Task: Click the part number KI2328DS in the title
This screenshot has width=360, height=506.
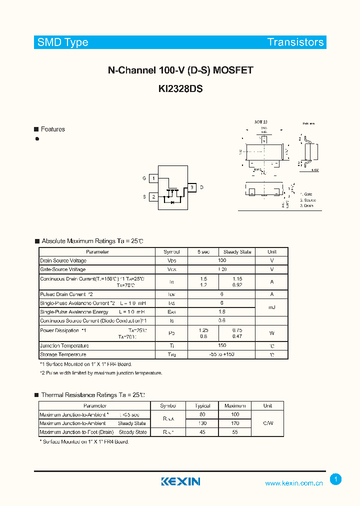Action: (180, 88)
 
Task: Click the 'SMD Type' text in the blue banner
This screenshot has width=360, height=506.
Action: (62, 42)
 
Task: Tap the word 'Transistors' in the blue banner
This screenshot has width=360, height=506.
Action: (295, 42)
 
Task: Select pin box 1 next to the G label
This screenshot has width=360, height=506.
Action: (154, 178)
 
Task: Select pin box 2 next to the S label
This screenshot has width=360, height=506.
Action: (154, 197)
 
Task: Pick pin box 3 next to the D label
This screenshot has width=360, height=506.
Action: (191, 187)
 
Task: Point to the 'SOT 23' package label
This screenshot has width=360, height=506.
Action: (260, 122)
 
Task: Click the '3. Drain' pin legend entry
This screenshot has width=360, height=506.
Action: (306, 206)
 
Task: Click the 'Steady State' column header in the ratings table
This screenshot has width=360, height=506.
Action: (237, 252)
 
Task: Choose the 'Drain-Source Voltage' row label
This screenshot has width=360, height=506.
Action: (63, 260)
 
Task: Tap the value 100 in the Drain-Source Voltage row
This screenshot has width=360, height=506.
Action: (222, 260)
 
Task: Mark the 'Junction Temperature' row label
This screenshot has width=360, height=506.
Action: (64, 345)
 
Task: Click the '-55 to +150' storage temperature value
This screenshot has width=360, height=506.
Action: (222, 354)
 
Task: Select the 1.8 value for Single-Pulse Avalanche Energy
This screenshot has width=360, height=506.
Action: (222, 311)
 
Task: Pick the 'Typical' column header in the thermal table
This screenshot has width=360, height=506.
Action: (202, 406)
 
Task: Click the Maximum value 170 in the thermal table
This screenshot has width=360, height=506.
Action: (235, 423)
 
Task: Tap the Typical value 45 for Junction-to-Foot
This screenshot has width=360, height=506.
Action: (202, 432)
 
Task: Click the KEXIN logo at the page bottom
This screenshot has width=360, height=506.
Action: (180, 481)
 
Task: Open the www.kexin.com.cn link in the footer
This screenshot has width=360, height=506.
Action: (294, 483)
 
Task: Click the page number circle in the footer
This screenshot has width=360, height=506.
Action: (336, 479)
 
